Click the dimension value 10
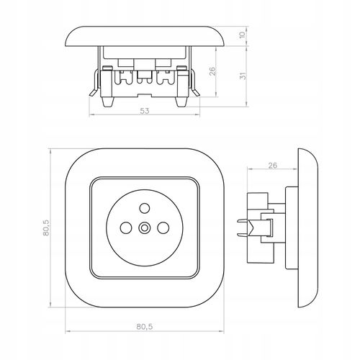coord(243,35)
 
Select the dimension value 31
coord(243,76)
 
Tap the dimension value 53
coord(144,111)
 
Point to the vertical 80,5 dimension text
coord(46,228)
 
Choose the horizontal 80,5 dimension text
coord(145,326)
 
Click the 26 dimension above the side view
coord(272,166)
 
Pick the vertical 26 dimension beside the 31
coord(212,71)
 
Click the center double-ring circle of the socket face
coord(144,228)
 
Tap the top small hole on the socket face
coord(145,208)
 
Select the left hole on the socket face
coord(126,228)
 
